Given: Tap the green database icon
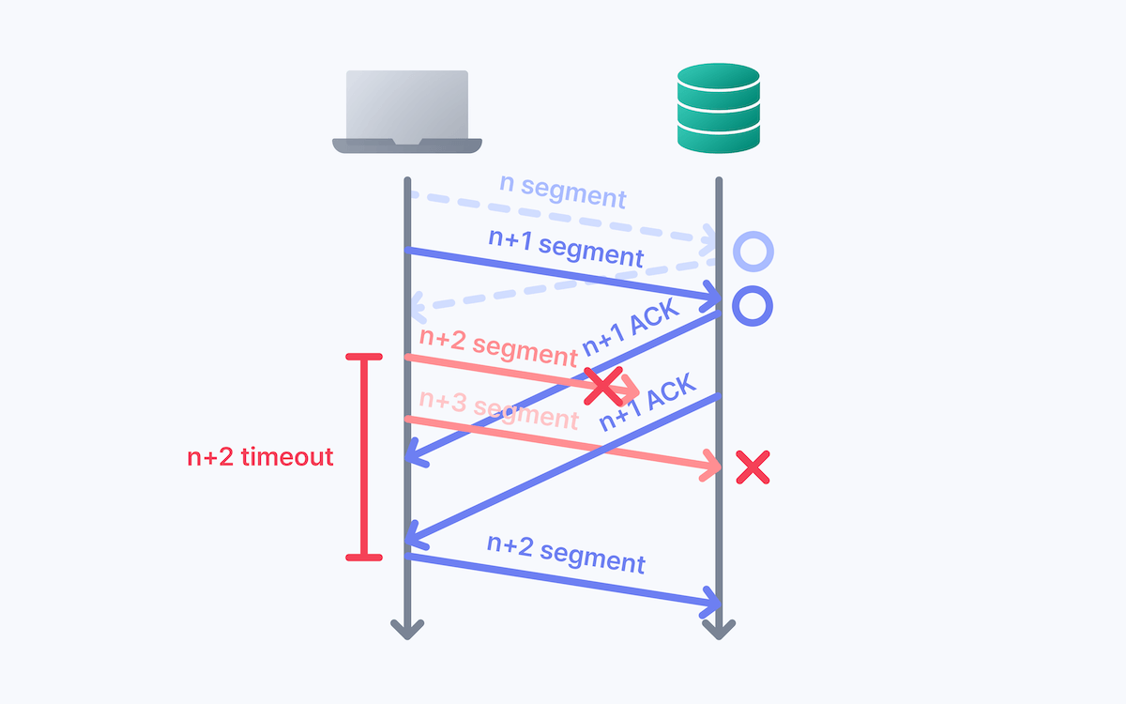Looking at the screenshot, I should pos(719,107).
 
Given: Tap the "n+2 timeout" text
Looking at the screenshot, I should pos(260,457).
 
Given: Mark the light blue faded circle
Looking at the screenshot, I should pos(753,251).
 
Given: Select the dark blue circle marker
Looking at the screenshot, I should pos(753,306).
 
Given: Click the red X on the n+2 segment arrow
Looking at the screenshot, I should pos(603,386).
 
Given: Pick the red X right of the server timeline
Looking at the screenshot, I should pos(753,467).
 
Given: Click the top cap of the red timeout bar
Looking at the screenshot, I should pos(364,357).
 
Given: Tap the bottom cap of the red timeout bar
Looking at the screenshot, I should pos(364,558).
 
